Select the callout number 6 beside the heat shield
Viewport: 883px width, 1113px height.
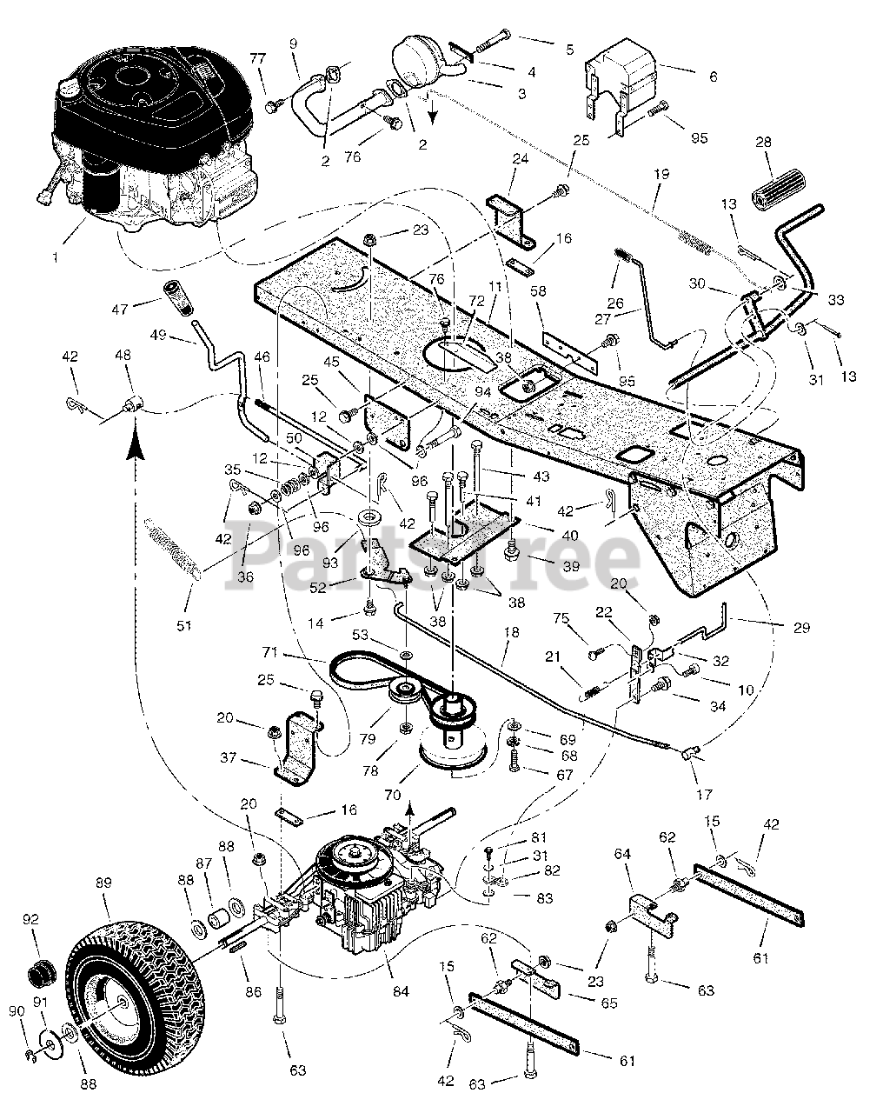click(x=714, y=77)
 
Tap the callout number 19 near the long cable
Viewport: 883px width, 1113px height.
click(x=661, y=174)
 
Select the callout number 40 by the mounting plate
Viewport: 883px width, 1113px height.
click(x=570, y=536)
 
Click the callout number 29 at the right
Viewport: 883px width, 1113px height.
click(x=801, y=628)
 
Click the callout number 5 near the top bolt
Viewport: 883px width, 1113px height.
click(x=570, y=50)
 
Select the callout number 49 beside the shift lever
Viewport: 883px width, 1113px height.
click(x=158, y=335)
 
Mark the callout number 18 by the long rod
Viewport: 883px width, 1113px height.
click(x=511, y=632)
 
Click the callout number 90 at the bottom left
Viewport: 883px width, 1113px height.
click(x=17, y=1025)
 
